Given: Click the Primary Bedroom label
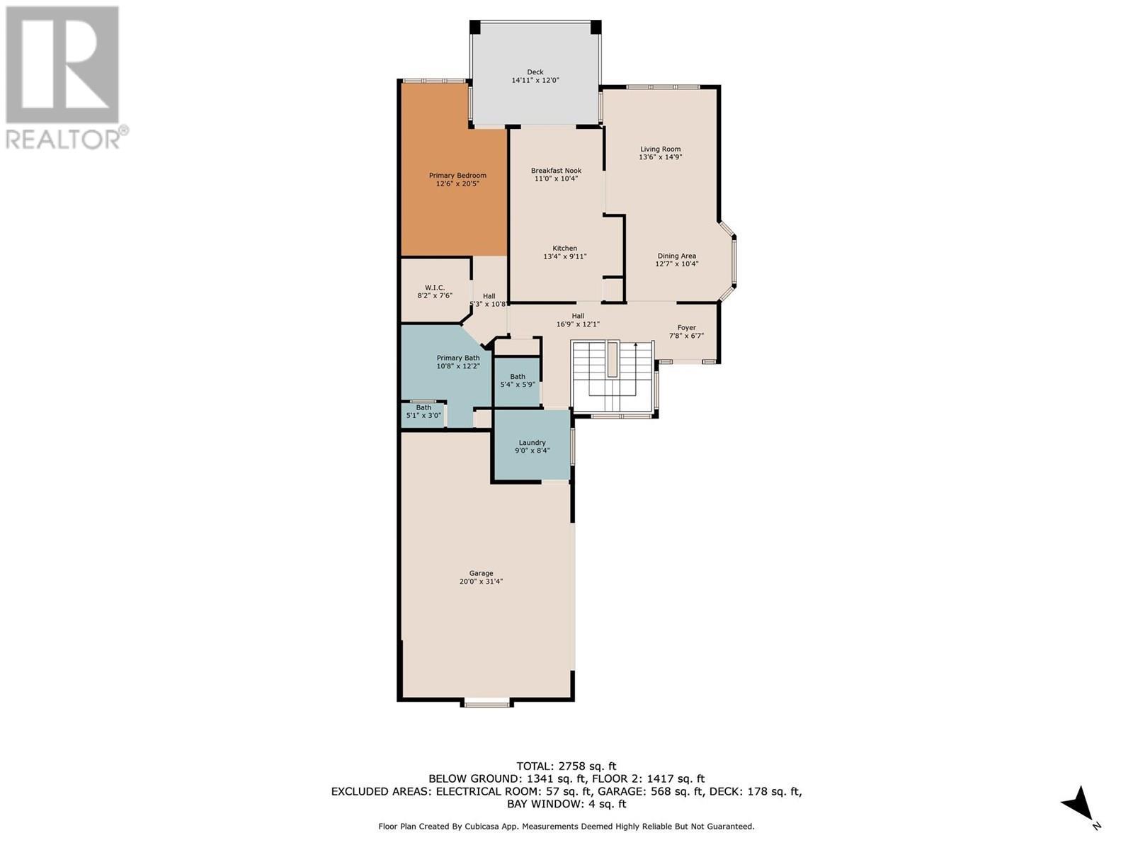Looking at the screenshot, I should (x=457, y=176).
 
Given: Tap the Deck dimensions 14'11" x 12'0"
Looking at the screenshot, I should (x=535, y=81).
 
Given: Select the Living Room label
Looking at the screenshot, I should (x=660, y=149).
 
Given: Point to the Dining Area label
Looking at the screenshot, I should (x=676, y=256).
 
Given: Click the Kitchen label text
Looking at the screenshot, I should (x=564, y=249).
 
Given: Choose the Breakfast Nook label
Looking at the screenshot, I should (x=556, y=171).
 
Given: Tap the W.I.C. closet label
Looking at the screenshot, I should (x=434, y=288).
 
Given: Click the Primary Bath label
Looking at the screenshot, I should (x=457, y=358).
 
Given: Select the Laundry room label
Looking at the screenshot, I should (x=532, y=443).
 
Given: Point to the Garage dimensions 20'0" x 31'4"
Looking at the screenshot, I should (x=481, y=582).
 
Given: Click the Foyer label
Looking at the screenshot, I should (x=686, y=328).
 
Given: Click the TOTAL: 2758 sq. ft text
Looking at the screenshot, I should (x=566, y=766).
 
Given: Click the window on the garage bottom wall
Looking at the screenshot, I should (x=486, y=703).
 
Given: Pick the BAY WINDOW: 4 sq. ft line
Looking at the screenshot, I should (x=566, y=804).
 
